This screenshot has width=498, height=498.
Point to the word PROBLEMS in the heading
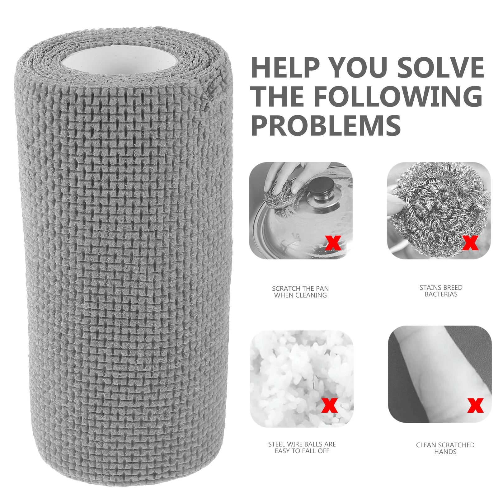(326, 125)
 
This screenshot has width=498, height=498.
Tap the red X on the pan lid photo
(333, 243)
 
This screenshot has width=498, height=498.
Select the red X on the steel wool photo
(470, 243)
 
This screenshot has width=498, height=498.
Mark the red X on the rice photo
(330, 405)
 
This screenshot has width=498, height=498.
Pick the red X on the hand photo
(475, 405)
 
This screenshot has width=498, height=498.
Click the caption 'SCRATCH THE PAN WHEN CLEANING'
(300, 292)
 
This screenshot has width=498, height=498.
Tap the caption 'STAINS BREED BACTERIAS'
(441, 291)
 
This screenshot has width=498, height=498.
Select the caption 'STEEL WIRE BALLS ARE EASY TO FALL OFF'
(302, 448)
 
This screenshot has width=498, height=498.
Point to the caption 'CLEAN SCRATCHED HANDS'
(445, 448)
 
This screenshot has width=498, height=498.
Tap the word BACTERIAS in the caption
(441, 294)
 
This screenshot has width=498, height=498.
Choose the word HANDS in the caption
(445, 452)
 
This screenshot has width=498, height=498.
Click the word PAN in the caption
(322, 289)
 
